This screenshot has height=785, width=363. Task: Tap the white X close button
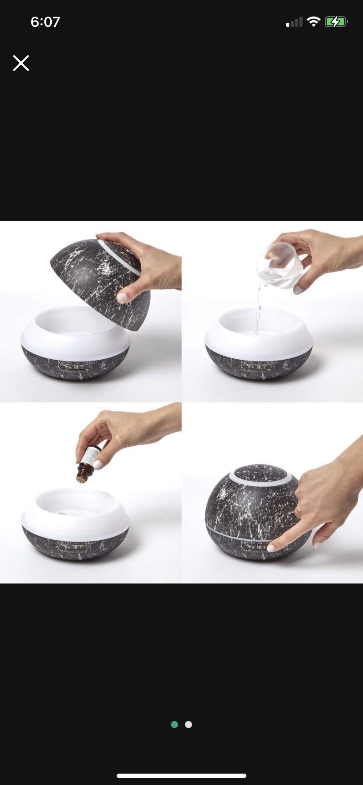(x=21, y=63)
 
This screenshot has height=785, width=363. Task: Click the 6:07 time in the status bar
(x=45, y=22)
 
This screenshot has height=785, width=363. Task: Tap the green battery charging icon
(x=336, y=22)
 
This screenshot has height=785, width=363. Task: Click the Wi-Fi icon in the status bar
(x=313, y=22)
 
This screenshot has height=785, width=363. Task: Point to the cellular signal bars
(x=295, y=22)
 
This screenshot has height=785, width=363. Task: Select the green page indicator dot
(x=174, y=725)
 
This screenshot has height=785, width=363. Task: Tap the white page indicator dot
(x=189, y=725)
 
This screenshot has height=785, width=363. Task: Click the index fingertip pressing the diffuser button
(x=271, y=548)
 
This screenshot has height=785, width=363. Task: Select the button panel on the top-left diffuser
(x=75, y=366)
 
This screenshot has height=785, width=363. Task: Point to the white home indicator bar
(x=181, y=775)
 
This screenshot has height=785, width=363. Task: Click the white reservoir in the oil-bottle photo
(x=75, y=513)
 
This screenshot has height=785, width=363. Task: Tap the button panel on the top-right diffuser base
(x=259, y=366)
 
